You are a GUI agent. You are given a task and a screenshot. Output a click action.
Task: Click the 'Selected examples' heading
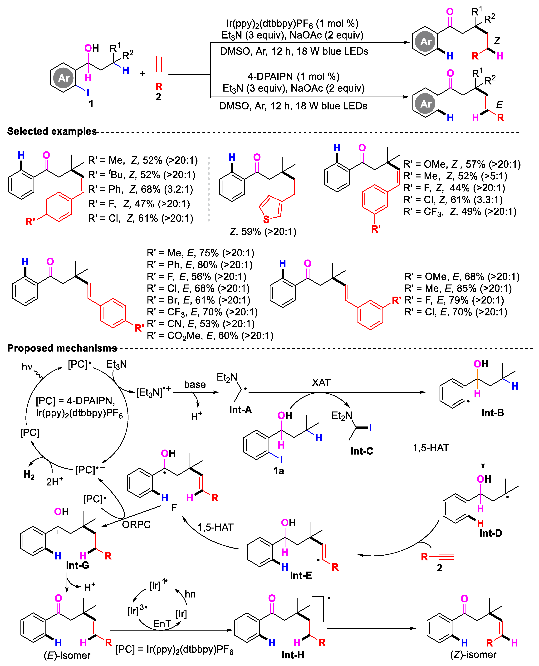coord(52,131)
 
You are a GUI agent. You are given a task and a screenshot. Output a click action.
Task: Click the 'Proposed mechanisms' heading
coord(62,348)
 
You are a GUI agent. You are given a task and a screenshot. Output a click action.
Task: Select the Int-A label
coord(240,410)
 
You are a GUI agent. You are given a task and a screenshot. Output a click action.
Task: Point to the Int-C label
coord(362,451)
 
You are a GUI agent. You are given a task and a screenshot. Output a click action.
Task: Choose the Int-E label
coord(301,575)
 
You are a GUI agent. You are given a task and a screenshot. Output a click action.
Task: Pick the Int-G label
coord(77,565)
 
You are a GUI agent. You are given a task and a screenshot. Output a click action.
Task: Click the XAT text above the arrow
coord(321,382)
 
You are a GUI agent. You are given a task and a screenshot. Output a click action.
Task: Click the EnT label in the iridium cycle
coord(162,623)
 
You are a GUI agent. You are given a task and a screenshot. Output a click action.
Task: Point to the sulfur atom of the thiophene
coord(266,219)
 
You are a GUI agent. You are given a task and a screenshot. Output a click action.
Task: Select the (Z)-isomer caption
coord(473,655)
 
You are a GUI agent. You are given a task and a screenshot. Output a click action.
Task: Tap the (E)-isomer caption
coord(67,655)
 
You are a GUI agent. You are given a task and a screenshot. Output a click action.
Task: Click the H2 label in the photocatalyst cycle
coord(29,474)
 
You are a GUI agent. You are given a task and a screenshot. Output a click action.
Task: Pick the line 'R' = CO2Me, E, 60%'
coord(210,336)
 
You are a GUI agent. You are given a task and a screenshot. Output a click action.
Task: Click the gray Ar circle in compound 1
coord(64,78)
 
